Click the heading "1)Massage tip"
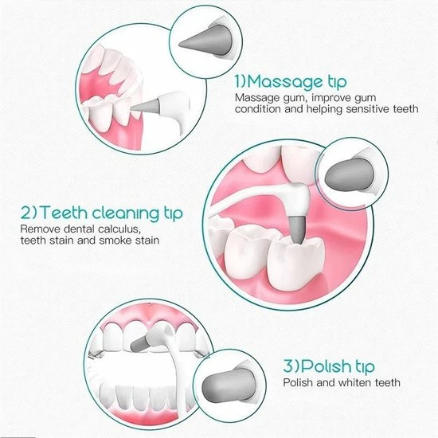pyautogui.click(x=291, y=81)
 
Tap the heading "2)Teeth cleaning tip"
pyautogui.click(x=102, y=213)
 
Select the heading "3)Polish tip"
pyautogui.click(x=329, y=366)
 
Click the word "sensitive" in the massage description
pyautogui.click(x=368, y=109)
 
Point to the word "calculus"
pyautogui.click(x=118, y=229)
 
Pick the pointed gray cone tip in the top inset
pyautogui.click(x=208, y=42)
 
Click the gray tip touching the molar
pyautogui.click(x=297, y=229)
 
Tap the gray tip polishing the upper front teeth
pyautogui.click(x=140, y=343)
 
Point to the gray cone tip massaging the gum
pyautogui.click(x=145, y=106)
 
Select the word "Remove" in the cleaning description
pyautogui.click(x=41, y=229)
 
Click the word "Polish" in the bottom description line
pyautogui.click(x=298, y=382)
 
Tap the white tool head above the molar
pyautogui.click(x=296, y=200)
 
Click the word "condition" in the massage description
pyautogui.click(x=257, y=109)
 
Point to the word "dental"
pyautogui.click(x=79, y=229)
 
